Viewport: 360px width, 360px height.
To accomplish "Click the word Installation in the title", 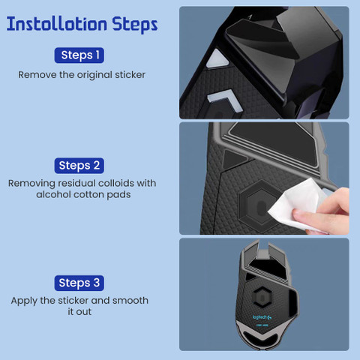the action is (57, 24).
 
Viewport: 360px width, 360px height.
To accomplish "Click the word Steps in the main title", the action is (135, 25).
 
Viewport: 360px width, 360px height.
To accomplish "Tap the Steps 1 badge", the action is (79, 55).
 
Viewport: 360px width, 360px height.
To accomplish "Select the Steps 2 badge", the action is (79, 166).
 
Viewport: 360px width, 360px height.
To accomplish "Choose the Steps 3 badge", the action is (79, 283).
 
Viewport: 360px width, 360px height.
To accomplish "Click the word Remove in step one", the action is (37, 75).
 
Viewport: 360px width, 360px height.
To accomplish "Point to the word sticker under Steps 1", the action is (130, 75).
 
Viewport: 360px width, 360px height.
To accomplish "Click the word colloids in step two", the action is (116, 183).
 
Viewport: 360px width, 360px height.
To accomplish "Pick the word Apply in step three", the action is (24, 301).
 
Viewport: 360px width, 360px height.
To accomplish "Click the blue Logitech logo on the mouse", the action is (262, 317).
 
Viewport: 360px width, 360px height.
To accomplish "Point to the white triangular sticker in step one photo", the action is (217, 59).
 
